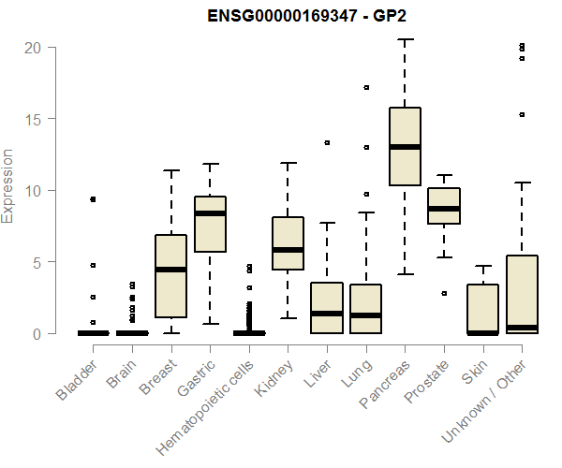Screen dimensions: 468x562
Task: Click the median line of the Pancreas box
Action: pos(405,147)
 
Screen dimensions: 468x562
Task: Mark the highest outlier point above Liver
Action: pos(327,143)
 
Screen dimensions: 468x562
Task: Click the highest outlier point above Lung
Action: pos(366,87)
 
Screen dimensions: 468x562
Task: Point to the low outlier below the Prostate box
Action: pos(444,293)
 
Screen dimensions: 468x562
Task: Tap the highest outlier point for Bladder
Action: pos(93,199)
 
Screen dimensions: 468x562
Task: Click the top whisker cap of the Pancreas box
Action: pos(405,39)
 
